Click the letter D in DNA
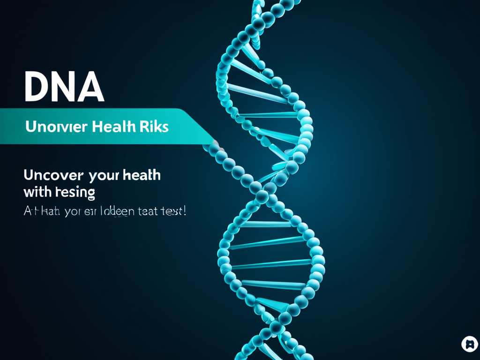[x=36, y=87]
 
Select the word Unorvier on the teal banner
[x=56, y=127]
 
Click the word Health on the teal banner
[x=113, y=127]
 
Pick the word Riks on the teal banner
[x=153, y=127]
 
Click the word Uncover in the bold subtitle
[x=53, y=175]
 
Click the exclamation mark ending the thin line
[x=184, y=211]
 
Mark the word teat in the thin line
[x=148, y=211]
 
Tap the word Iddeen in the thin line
[x=116, y=211]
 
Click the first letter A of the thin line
[x=28, y=211]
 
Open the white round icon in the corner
[x=469, y=344]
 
